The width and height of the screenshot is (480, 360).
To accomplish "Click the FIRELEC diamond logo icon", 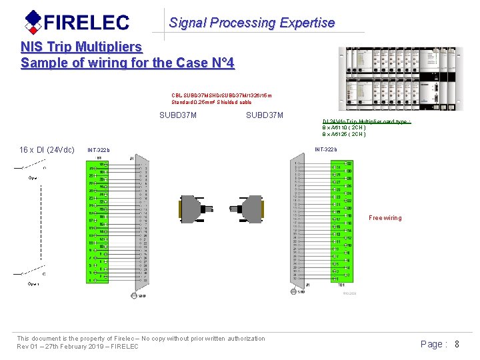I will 33,22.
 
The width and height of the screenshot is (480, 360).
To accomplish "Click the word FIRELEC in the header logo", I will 87,23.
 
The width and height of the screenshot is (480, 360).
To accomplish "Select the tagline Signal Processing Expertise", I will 251,23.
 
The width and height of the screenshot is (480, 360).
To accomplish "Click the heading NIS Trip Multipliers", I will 81,47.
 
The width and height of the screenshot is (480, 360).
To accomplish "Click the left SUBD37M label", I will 178,115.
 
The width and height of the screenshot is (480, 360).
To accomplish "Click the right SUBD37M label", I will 265,115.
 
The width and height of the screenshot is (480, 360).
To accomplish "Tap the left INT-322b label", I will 99,150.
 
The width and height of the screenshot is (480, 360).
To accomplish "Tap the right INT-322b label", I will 326,149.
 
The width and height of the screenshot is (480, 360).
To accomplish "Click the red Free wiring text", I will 385,218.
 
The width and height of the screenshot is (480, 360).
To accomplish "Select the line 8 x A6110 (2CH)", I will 344,127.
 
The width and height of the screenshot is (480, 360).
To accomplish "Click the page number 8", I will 457,344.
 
